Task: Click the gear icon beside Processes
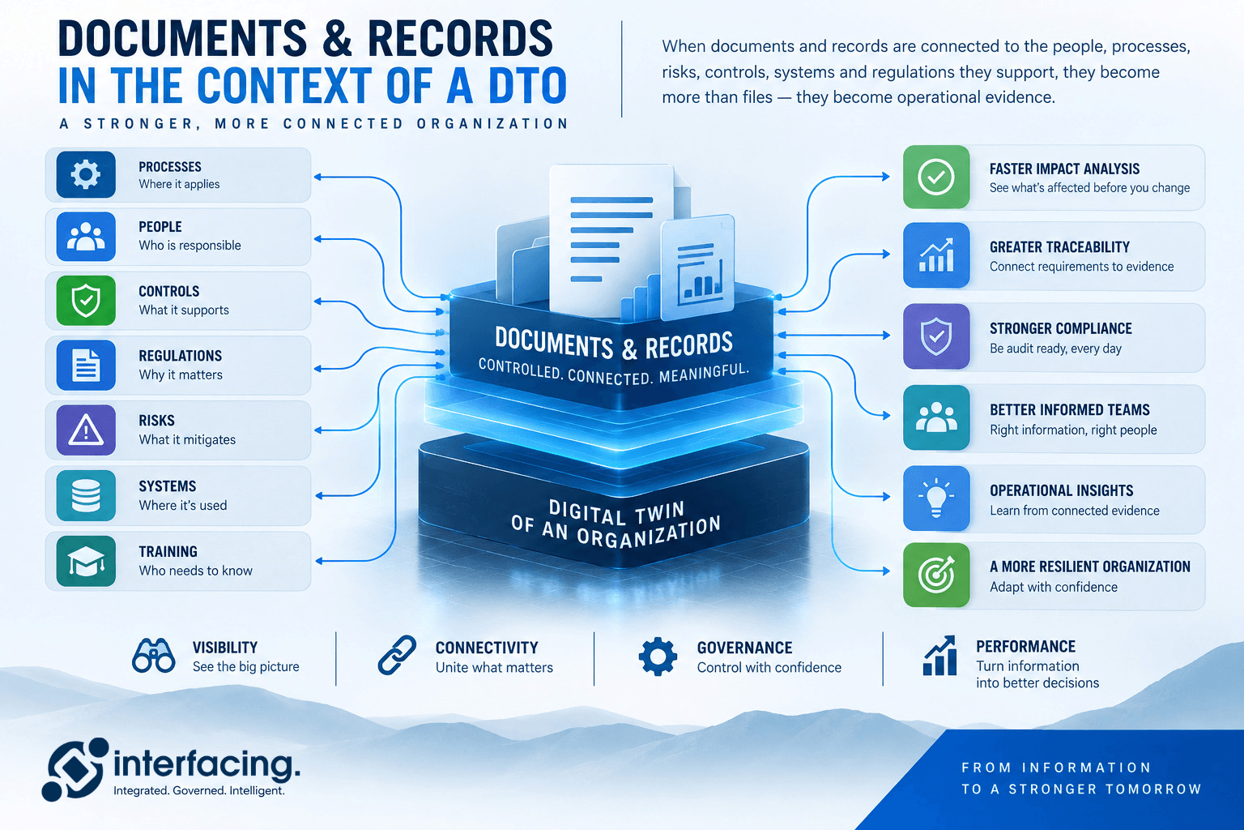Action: tap(86, 174)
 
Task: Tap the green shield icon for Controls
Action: tap(86, 301)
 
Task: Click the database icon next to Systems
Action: tap(86, 495)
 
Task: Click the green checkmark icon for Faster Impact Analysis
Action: tap(936, 178)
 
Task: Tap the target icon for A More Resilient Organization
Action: tap(936, 575)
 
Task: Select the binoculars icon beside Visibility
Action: tap(153, 656)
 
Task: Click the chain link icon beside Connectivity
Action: tap(397, 656)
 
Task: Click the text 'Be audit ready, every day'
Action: tap(1055, 349)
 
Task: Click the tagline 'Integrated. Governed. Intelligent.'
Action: tap(198, 790)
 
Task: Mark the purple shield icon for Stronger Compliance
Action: tap(936, 336)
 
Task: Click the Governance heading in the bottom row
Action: tap(744, 648)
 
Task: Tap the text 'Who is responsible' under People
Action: tap(190, 245)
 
